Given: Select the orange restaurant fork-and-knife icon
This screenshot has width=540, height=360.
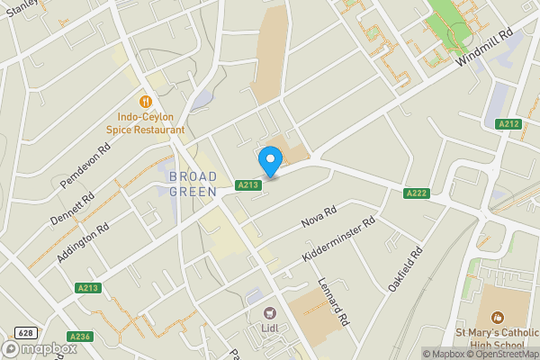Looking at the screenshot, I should [144, 102].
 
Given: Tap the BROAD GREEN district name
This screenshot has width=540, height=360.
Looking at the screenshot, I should [193, 184].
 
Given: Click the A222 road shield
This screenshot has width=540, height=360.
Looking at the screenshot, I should [416, 193].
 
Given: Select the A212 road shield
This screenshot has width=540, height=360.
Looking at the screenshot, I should [509, 124].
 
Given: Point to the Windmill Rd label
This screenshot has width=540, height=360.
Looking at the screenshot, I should [485, 46].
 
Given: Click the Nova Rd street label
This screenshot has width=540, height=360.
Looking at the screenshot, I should [319, 217].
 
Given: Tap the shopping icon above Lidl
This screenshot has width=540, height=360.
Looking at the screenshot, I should [268, 313].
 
